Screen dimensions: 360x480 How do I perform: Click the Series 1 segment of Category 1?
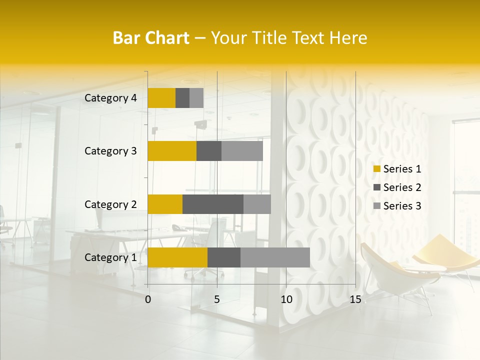click(177, 257)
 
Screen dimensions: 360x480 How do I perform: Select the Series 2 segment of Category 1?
click(224, 257)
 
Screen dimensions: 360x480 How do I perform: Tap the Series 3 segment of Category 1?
click(275, 257)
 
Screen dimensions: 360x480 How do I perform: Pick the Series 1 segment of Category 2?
click(165, 204)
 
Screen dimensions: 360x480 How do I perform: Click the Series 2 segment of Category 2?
click(213, 204)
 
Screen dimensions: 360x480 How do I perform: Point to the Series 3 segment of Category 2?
click(257, 204)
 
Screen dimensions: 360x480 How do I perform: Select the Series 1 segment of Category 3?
click(172, 151)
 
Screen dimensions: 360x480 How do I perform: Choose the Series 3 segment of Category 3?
click(242, 151)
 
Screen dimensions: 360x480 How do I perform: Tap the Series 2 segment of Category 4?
click(182, 98)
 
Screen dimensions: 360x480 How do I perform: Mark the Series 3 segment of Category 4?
click(196, 98)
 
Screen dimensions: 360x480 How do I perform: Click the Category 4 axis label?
click(110, 98)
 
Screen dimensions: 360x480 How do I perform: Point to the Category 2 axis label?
click(110, 204)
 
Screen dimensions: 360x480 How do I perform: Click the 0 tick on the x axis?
click(148, 299)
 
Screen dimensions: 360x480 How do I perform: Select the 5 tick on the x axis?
click(217, 299)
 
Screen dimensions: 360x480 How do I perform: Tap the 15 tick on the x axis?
click(355, 299)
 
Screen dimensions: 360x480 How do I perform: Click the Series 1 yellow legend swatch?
click(376, 169)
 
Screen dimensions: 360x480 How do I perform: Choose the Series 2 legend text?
click(402, 187)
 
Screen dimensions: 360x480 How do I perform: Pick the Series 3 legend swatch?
click(376, 206)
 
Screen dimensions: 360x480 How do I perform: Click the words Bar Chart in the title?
click(150, 38)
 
